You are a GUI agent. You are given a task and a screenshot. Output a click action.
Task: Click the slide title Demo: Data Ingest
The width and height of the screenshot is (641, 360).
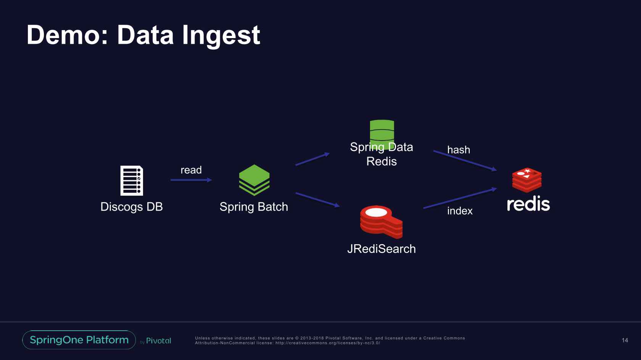click(x=143, y=35)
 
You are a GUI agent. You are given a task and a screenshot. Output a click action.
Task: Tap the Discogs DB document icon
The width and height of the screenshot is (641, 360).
click(x=132, y=181)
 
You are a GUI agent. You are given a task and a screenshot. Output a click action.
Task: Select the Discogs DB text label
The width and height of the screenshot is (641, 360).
click(x=132, y=207)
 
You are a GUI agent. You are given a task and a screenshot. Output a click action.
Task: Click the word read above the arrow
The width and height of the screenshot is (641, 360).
click(x=191, y=170)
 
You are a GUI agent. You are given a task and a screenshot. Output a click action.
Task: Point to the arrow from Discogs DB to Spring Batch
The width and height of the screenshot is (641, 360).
click(x=191, y=180)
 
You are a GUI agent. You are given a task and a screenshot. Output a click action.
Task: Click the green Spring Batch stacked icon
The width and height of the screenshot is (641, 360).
click(x=254, y=180)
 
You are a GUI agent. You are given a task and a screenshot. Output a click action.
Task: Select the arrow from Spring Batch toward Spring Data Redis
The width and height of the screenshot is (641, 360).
click(x=312, y=159)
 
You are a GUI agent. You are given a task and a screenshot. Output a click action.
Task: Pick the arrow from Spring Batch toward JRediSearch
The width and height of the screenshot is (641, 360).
click(x=317, y=200)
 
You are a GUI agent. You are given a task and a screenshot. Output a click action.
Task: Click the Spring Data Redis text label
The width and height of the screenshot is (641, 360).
click(x=382, y=154)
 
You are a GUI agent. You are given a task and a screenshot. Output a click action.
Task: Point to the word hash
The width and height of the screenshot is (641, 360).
click(x=459, y=150)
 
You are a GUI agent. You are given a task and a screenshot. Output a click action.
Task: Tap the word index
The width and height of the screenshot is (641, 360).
click(x=460, y=211)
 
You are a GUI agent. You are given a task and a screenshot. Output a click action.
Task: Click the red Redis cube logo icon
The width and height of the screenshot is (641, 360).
click(x=527, y=180)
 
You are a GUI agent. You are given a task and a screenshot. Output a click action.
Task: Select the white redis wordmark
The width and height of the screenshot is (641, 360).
click(x=528, y=204)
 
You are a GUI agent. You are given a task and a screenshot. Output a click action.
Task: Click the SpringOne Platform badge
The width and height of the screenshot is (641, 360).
click(x=79, y=340)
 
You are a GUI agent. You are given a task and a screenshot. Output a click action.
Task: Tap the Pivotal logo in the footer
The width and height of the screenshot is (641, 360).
click(x=156, y=341)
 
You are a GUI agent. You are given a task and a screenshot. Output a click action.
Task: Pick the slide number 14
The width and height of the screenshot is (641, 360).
click(x=625, y=340)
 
